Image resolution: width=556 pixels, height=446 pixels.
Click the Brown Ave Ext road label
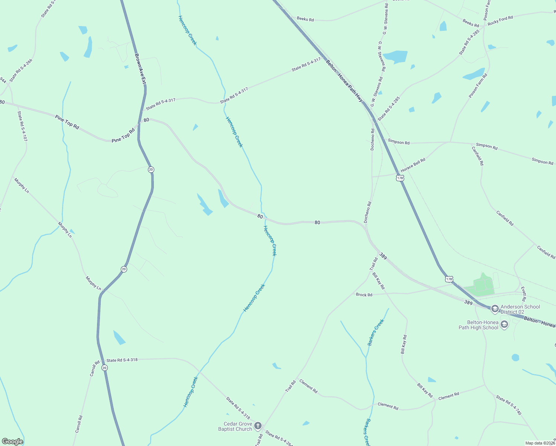click(140, 68)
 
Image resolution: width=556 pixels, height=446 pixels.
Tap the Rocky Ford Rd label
click(500, 20)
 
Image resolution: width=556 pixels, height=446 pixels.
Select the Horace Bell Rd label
click(413, 165)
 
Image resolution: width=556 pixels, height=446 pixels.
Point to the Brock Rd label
click(364, 295)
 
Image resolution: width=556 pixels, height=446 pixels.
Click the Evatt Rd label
click(523, 294)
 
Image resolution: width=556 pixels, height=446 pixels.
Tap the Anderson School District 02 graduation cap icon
click(495, 308)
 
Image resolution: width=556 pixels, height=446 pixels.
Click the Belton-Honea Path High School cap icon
click(504, 325)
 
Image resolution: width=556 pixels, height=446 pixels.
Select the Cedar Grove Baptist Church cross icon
click(258, 426)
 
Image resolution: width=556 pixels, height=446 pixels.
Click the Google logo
click(13, 442)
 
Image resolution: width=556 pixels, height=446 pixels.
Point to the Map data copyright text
click(540, 443)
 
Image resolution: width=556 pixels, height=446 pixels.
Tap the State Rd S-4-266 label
click(21, 70)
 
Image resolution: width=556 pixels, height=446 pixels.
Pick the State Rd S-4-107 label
click(22, 126)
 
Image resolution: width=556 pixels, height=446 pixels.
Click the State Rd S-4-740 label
click(508, 405)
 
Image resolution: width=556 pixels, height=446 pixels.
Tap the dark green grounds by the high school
click(482, 285)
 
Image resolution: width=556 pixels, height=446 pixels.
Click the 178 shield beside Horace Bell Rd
click(400, 178)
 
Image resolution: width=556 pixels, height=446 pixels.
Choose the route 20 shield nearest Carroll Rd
click(104, 368)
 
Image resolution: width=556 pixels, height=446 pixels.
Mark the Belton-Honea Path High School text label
click(478, 325)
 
